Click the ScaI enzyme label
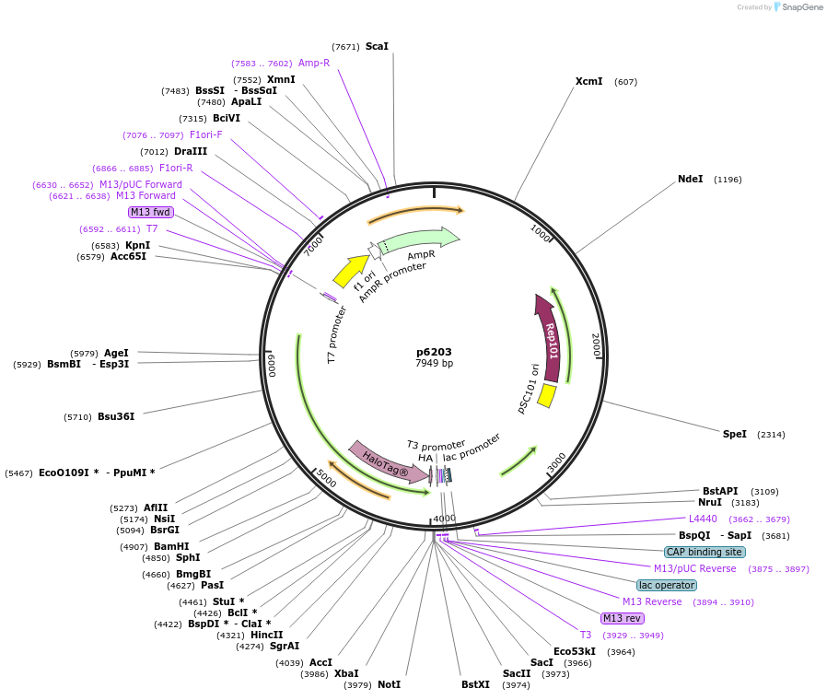coord(377,46)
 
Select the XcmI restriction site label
coord(588,81)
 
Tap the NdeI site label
coord(690,179)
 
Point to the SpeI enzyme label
coord(735,434)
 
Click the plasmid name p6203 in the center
coord(434,352)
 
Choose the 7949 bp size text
coord(434,364)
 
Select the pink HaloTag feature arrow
coord(388,460)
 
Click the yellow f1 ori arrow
coord(350,272)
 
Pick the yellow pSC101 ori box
coord(546,395)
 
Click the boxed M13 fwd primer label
coord(151,212)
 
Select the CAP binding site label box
coord(705,552)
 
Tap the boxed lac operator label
coord(667,585)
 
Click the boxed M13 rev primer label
coord(622,618)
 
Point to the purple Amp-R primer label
coord(314,63)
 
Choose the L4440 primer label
coord(703,519)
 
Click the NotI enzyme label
coord(389,684)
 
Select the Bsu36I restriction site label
coord(116,416)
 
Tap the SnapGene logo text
coord(803,7)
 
